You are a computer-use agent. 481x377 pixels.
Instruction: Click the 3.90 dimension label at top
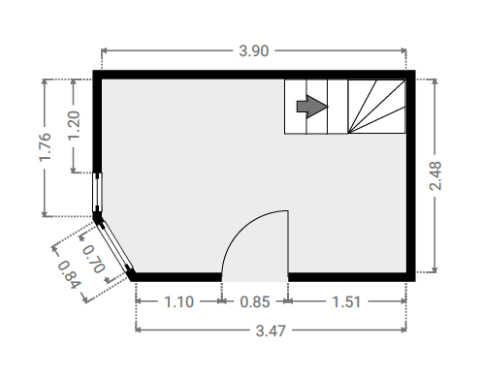pyautogui.click(x=254, y=51)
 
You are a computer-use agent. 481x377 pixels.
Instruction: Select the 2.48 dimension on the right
pyautogui.click(x=435, y=176)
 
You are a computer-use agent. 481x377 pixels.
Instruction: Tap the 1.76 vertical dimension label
pyautogui.click(x=46, y=147)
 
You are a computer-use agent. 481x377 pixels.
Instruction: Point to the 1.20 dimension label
pyautogui.click(x=74, y=125)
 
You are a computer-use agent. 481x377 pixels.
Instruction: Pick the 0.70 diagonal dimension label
pyautogui.click(x=94, y=259)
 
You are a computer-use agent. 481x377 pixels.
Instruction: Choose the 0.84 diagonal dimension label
pyautogui.click(x=69, y=274)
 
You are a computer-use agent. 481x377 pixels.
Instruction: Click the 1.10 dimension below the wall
pyautogui.click(x=179, y=302)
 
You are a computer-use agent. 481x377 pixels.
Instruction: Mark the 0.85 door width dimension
pyautogui.click(x=255, y=302)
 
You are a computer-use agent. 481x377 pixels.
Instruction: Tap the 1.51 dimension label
pyautogui.click(x=346, y=302)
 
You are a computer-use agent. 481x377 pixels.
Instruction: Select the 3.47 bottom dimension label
pyautogui.click(x=271, y=330)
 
